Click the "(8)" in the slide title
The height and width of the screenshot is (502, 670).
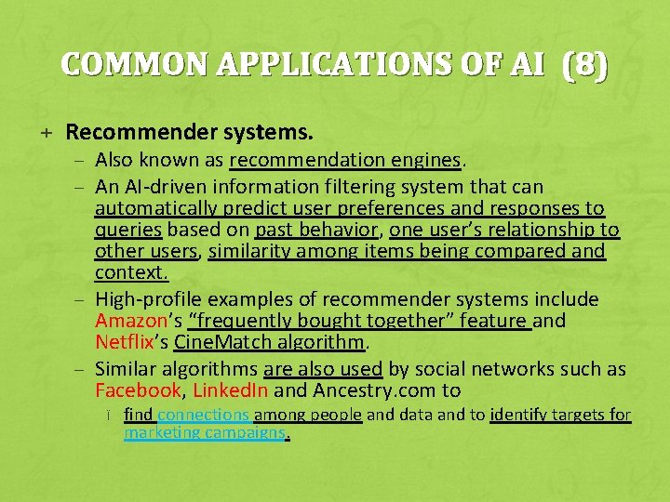(584, 65)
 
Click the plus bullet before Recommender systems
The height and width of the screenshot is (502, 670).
(46, 134)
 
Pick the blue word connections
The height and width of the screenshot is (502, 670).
(204, 415)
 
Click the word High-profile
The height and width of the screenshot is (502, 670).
(148, 299)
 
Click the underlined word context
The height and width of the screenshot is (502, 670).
(130, 272)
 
